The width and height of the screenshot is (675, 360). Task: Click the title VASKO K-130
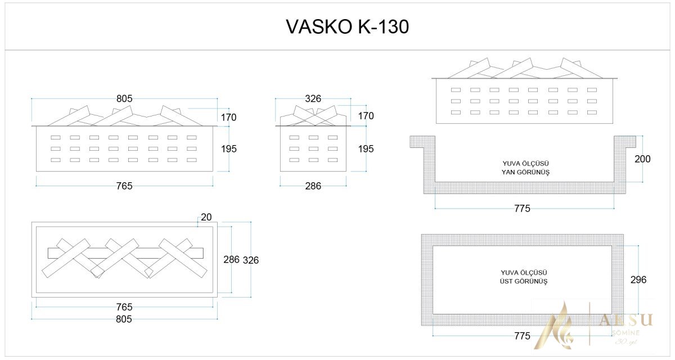(347, 26)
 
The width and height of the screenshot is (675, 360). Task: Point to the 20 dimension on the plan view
(206, 217)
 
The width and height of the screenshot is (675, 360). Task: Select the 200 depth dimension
(642, 159)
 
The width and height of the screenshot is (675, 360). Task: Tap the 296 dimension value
(638, 280)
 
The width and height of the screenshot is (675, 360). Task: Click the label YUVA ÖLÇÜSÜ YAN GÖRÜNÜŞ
(525, 168)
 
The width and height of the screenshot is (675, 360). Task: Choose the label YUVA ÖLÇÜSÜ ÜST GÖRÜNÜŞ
(525, 276)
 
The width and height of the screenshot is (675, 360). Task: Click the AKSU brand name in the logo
(625, 320)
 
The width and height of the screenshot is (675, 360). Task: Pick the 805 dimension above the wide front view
(124, 98)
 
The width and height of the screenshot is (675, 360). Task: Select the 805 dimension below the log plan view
(124, 319)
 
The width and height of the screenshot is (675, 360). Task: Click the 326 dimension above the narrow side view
(313, 98)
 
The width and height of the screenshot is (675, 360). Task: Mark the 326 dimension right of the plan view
(250, 260)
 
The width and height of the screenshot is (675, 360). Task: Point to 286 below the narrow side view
(313, 186)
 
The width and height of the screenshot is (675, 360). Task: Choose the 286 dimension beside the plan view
(231, 260)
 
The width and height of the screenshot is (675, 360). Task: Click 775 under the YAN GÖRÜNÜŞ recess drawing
(522, 209)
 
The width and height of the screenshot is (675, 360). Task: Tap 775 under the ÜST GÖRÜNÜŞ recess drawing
(522, 336)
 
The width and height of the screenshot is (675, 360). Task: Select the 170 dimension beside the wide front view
(229, 118)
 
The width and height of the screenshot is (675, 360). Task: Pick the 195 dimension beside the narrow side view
(366, 149)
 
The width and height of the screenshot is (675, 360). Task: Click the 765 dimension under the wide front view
(124, 186)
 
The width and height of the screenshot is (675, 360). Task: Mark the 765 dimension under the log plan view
(124, 307)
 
